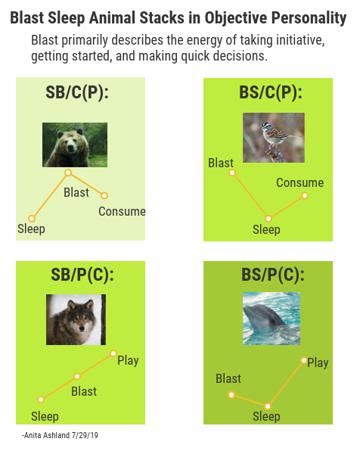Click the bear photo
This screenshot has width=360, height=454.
(x=75, y=145)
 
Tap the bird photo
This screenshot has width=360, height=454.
(x=274, y=138)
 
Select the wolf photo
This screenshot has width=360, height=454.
(x=76, y=319)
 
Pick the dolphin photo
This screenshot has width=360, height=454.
(x=272, y=319)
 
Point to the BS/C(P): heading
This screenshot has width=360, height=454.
(x=271, y=93)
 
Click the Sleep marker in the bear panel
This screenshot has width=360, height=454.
(x=32, y=219)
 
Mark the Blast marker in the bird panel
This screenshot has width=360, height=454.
(x=232, y=173)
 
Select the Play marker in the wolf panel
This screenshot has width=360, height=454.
(x=113, y=353)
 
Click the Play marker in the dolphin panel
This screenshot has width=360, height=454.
(x=304, y=360)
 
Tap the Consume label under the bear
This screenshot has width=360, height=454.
(x=122, y=211)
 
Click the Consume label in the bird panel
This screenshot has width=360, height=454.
(x=299, y=182)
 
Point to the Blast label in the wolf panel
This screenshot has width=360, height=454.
(x=84, y=391)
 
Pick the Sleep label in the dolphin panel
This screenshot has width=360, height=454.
(x=266, y=416)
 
